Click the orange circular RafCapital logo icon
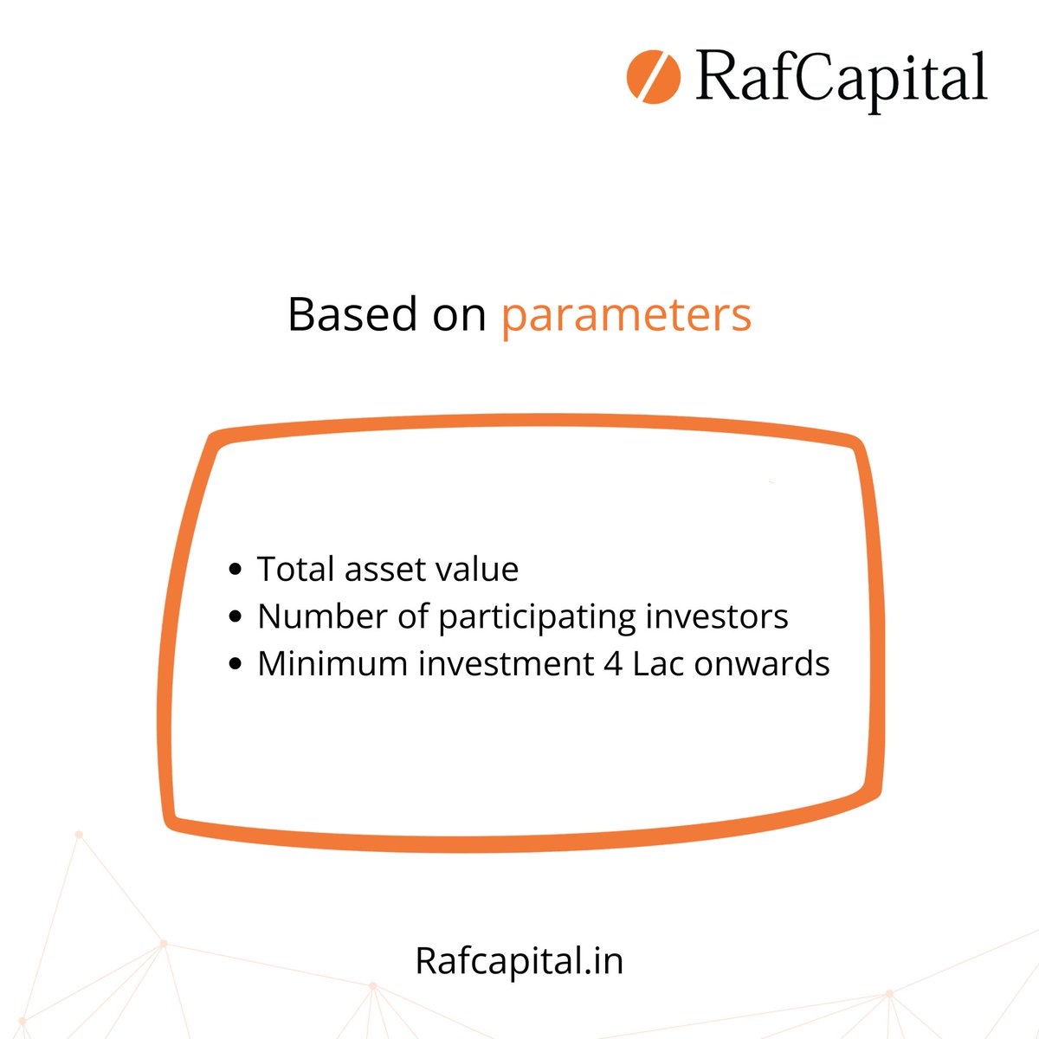point(654,76)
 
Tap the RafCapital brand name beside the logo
point(841,78)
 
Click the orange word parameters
point(626,315)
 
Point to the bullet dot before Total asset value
point(235,571)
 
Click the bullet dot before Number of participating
point(235,617)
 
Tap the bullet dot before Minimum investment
point(235,665)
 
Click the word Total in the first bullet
point(295,569)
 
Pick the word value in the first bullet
point(478,569)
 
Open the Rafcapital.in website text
point(519,961)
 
